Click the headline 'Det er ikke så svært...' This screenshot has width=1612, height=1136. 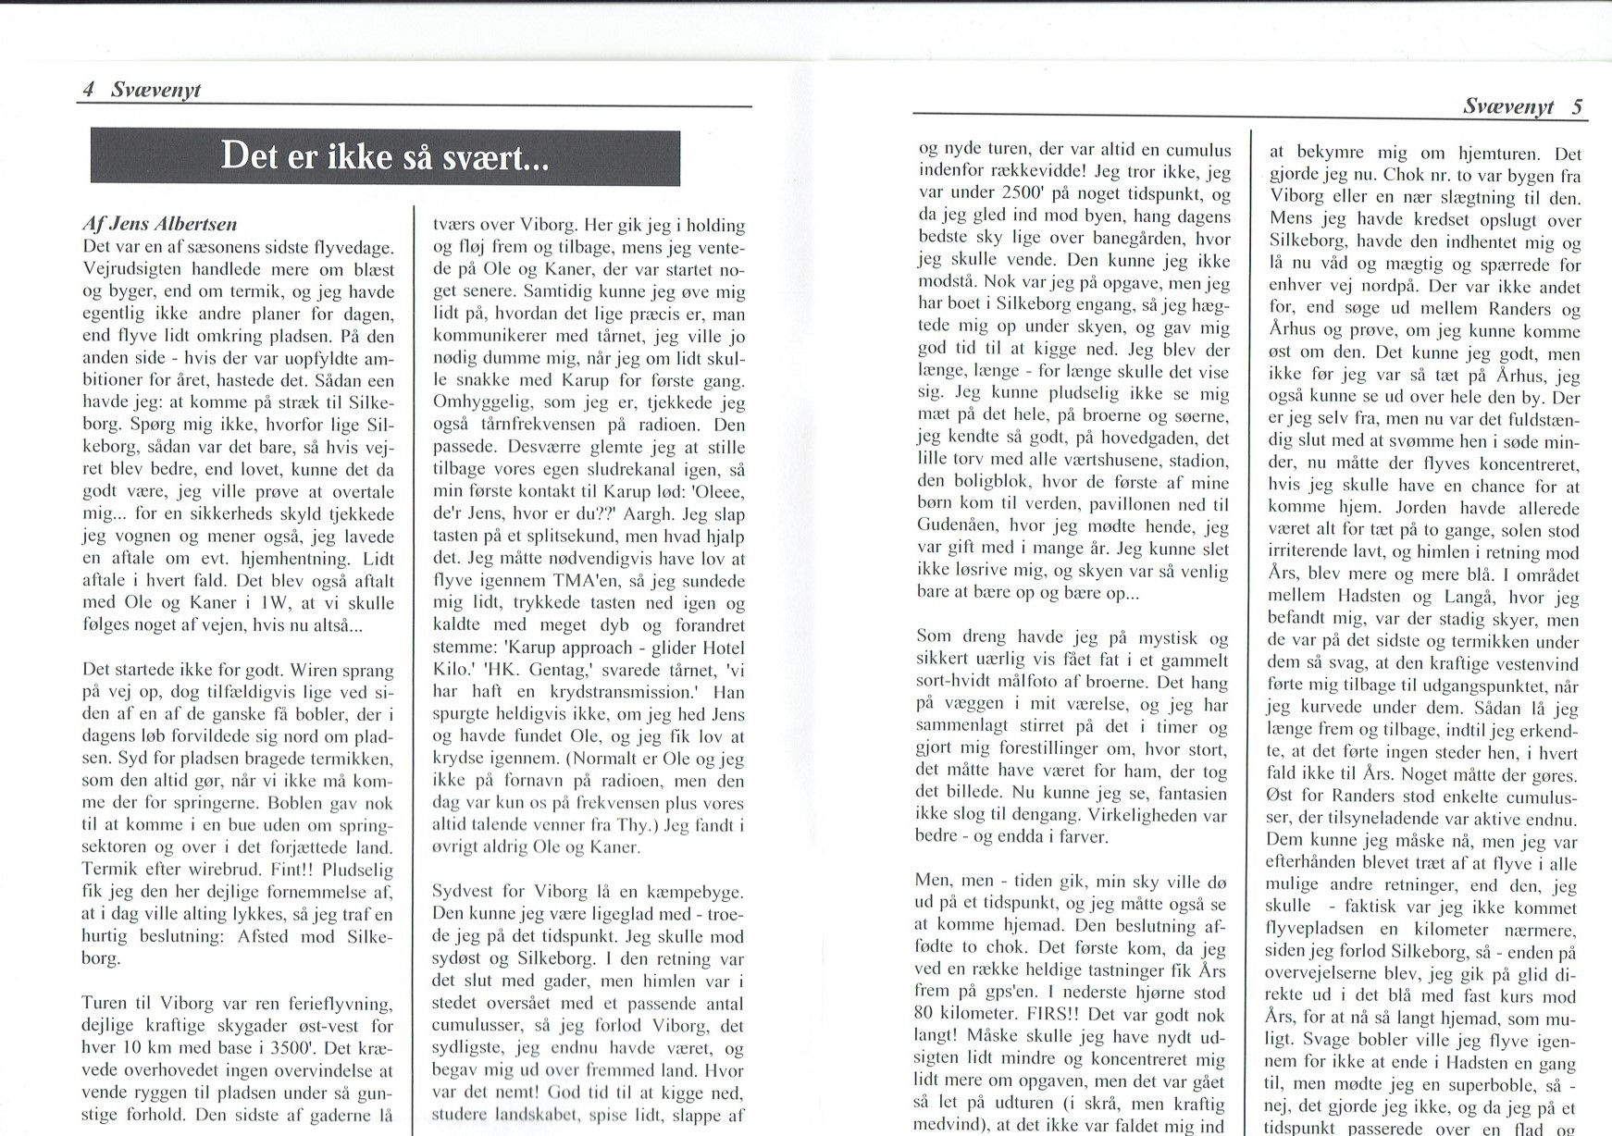(384, 158)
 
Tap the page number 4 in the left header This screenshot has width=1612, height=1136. (89, 90)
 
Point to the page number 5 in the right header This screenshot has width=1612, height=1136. (1577, 106)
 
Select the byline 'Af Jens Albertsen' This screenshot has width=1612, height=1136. (159, 225)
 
